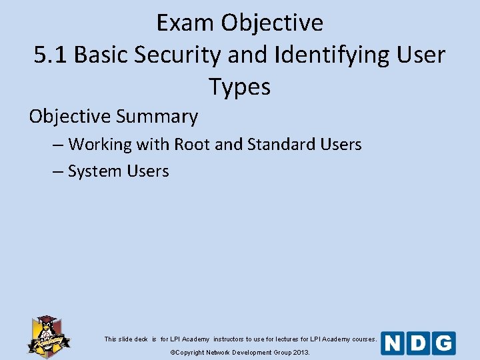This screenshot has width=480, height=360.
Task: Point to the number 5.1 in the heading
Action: (x=51, y=55)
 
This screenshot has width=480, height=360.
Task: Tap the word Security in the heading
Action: (x=178, y=55)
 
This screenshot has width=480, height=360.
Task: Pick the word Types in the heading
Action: (x=239, y=87)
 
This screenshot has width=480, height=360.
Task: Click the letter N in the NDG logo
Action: (x=393, y=343)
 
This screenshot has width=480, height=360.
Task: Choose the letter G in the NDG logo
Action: (x=443, y=343)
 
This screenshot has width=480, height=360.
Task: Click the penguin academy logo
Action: (x=48, y=335)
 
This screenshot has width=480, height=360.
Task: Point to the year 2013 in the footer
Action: (x=301, y=352)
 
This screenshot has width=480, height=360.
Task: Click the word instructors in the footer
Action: (x=229, y=339)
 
